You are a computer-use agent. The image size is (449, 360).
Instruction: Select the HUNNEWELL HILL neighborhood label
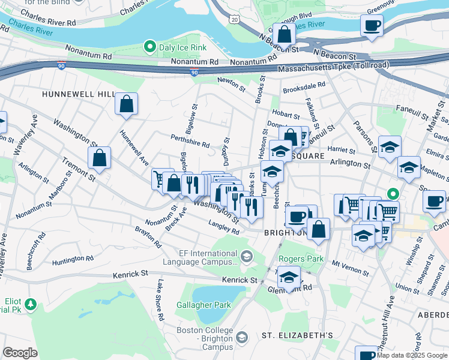[x=78, y=95]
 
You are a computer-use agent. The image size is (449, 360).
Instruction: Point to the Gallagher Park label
[x=203, y=305]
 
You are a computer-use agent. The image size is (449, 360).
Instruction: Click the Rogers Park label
[x=301, y=259]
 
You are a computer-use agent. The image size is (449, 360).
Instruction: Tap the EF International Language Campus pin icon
[x=246, y=257]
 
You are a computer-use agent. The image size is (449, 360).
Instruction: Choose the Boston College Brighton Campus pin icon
[x=241, y=338]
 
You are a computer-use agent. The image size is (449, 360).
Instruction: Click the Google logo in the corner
[x=20, y=353]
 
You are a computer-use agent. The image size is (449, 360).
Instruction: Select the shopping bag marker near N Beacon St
[x=283, y=34]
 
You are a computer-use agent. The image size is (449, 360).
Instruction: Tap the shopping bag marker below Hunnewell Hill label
[x=127, y=104]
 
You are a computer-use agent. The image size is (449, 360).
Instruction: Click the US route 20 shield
[x=234, y=20]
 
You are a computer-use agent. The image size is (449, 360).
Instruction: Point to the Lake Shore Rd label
[x=160, y=299]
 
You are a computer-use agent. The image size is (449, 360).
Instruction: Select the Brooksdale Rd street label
[x=304, y=86]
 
